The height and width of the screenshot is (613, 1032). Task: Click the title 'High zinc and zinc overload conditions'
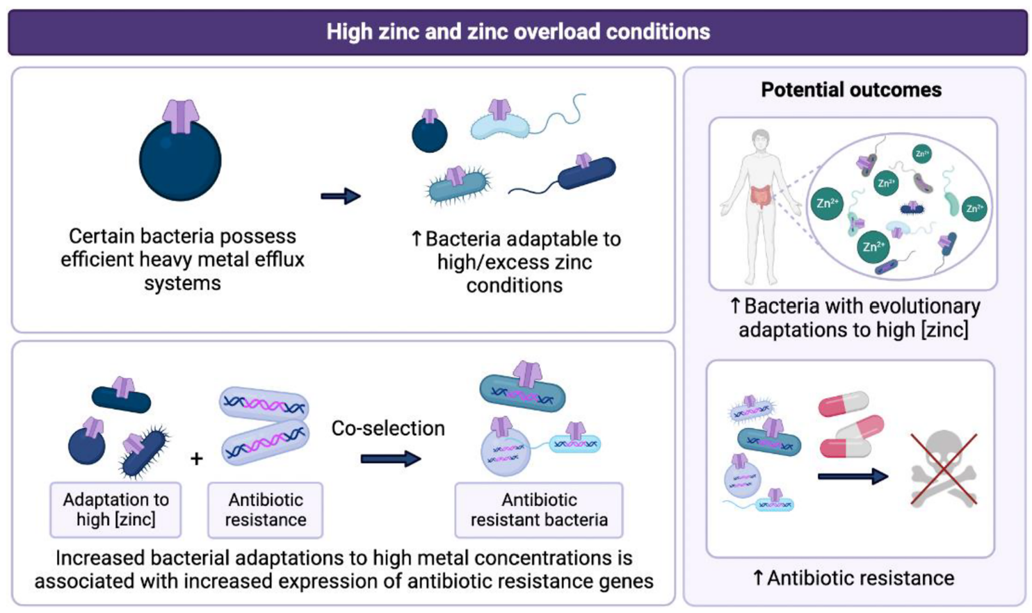click(518, 32)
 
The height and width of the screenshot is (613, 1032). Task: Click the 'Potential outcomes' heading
click(851, 90)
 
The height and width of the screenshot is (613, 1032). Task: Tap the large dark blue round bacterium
click(180, 161)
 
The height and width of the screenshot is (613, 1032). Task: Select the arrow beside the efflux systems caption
click(340, 197)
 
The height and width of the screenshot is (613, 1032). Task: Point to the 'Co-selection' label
click(388, 428)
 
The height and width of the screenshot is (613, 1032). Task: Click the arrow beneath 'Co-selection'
click(390, 459)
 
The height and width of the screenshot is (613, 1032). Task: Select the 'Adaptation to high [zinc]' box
click(115, 509)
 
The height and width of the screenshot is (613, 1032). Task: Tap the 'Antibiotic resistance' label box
click(265, 509)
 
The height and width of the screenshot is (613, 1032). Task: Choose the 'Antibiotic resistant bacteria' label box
click(539, 509)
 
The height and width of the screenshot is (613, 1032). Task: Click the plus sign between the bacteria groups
click(197, 459)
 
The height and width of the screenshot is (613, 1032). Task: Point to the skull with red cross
click(944, 468)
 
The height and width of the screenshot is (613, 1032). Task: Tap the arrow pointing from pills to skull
click(853, 477)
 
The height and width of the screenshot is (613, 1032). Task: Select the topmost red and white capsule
click(843, 404)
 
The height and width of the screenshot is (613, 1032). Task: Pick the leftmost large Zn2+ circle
click(827, 204)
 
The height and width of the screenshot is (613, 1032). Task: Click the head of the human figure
click(760, 140)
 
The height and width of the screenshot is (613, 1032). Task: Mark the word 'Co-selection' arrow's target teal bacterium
click(523, 393)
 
